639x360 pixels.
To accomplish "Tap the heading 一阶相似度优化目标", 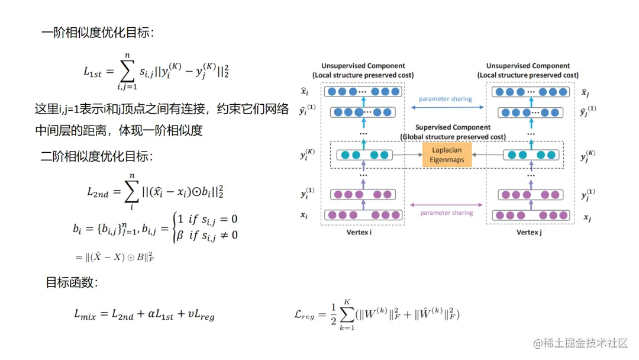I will [98, 33].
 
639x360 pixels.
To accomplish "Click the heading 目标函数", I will [72, 282].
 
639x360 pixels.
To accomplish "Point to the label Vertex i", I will [362, 232].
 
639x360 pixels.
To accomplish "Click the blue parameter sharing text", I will [446, 99].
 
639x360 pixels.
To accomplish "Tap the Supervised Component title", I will [453, 127].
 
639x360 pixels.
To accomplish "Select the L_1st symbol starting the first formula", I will [93, 72].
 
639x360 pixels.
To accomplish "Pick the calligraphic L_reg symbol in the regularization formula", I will [305, 316].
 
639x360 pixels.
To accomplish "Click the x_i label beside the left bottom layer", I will [304, 216].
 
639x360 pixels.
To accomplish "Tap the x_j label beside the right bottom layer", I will [588, 217].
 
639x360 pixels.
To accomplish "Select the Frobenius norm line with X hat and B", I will [115, 256].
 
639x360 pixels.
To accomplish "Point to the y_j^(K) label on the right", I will [588, 156].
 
